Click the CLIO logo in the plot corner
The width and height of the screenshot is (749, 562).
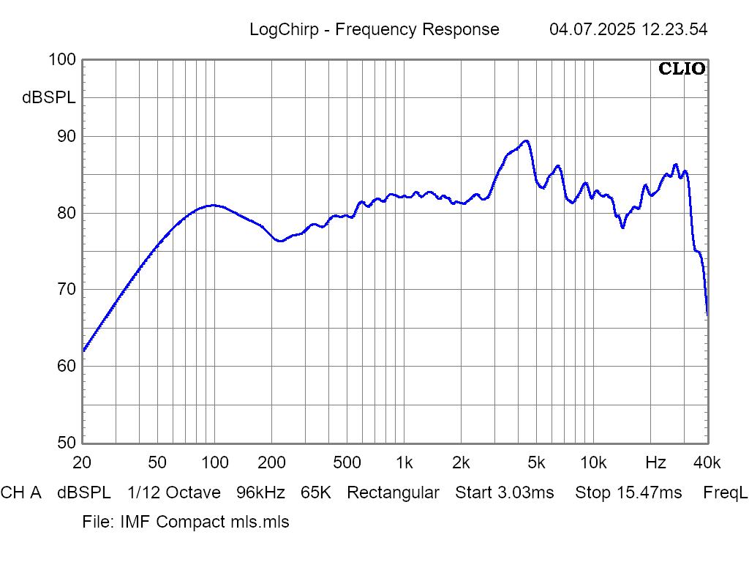[682, 69]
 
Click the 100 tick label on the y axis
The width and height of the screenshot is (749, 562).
[61, 60]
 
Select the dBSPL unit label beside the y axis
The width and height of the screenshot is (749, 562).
[49, 98]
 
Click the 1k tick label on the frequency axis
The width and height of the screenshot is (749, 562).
[404, 462]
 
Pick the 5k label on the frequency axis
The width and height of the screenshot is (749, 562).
[536, 462]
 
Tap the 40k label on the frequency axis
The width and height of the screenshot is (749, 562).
[707, 462]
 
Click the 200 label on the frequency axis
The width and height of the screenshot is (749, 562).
[271, 462]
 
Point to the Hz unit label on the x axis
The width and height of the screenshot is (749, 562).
[655, 462]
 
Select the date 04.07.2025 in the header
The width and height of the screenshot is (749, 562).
[592, 30]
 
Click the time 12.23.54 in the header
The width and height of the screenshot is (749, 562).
[674, 30]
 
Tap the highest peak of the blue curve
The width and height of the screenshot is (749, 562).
[525, 140]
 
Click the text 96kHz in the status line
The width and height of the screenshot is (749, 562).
[260, 492]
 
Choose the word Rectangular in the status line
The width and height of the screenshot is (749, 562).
[393, 492]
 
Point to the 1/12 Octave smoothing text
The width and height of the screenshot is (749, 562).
[173, 492]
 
